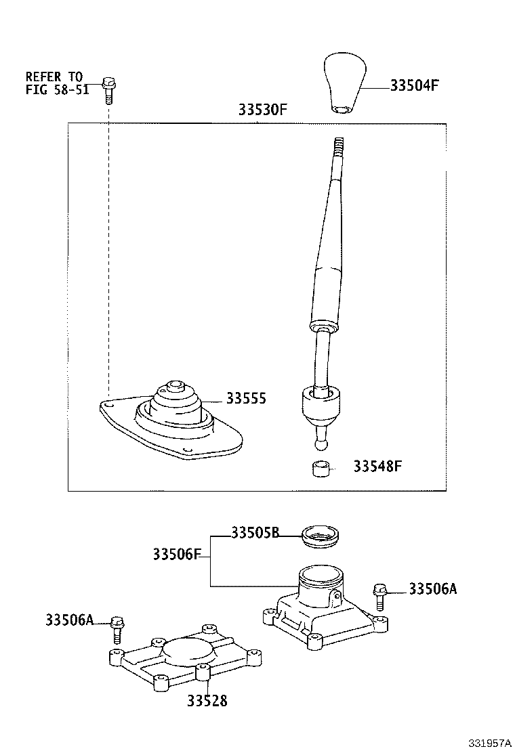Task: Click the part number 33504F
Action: [x=415, y=86]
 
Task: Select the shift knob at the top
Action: [x=345, y=83]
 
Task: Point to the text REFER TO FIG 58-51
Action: [x=57, y=83]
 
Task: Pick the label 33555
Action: [x=246, y=399]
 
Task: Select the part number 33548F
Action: [x=377, y=467]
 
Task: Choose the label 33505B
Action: [x=255, y=533]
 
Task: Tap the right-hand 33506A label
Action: [x=432, y=589]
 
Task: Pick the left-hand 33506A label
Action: [x=70, y=620]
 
